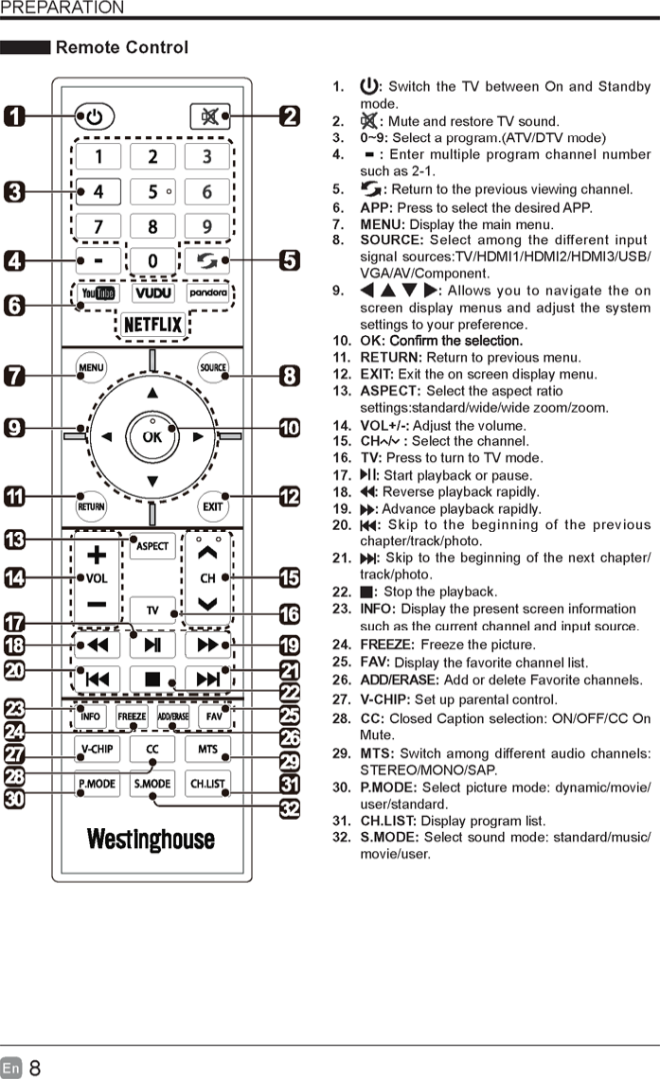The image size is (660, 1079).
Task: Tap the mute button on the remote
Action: tap(208, 116)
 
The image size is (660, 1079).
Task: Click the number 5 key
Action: tap(152, 192)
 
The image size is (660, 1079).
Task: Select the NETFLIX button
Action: tap(152, 325)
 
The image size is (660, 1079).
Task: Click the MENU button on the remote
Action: tap(92, 367)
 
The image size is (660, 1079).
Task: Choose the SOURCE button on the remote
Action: tap(213, 367)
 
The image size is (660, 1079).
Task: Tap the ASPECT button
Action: tap(152, 546)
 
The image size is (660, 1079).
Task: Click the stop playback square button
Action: tap(152, 679)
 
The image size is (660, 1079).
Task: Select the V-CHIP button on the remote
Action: tap(97, 750)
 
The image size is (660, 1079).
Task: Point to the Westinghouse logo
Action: tap(152, 839)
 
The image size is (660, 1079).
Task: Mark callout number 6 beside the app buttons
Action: tap(14, 306)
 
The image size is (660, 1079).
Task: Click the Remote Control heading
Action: tap(122, 47)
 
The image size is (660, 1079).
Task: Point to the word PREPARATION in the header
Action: tap(62, 9)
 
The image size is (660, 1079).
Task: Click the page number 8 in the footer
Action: tap(35, 1068)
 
